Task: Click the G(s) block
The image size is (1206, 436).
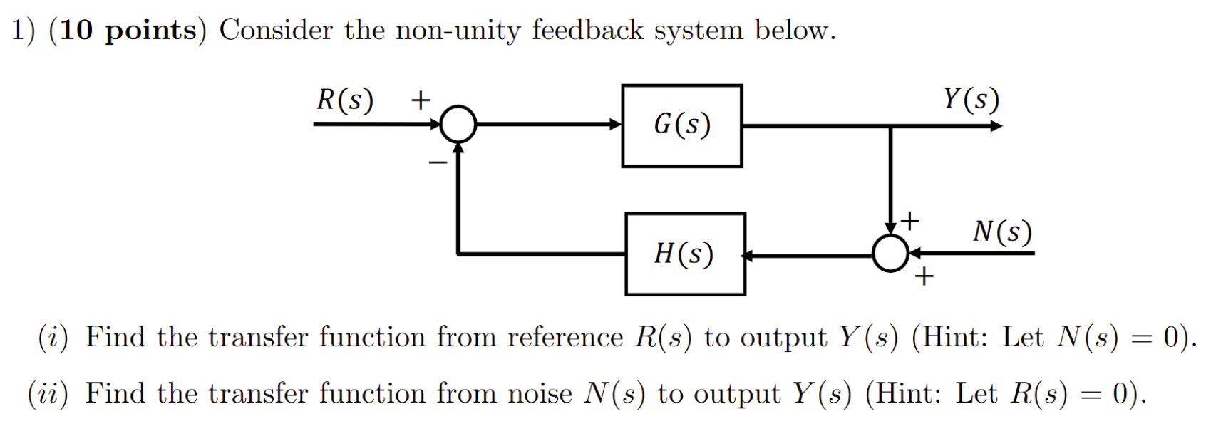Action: tap(681, 125)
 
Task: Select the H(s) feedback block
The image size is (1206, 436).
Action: tap(684, 254)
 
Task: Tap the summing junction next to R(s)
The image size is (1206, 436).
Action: tap(458, 125)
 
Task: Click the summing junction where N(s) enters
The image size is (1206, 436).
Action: tap(890, 253)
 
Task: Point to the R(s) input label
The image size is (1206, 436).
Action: tap(345, 100)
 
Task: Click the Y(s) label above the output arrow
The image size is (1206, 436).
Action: tap(971, 99)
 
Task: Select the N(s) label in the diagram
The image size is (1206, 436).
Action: tap(1002, 232)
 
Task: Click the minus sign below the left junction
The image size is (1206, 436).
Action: tap(438, 163)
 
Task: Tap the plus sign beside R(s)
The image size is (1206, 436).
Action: tap(421, 100)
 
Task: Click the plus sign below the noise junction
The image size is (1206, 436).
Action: tap(924, 276)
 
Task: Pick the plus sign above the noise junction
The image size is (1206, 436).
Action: tap(909, 221)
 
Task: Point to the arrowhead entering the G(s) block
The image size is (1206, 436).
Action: tap(615, 125)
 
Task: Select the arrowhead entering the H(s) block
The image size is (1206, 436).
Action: tap(748, 255)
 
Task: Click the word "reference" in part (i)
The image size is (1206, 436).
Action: tap(565, 337)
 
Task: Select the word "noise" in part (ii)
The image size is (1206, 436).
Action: tap(539, 393)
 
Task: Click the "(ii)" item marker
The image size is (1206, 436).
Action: tap(48, 393)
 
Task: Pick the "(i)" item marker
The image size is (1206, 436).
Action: tap(53, 337)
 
